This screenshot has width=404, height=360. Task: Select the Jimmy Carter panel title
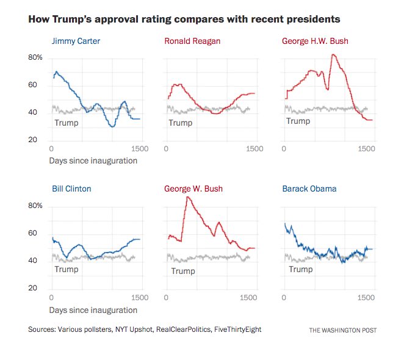[x=76, y=41]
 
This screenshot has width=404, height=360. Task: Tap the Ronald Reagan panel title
[x=192, y=41]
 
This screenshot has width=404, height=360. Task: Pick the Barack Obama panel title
[x=309, y=189]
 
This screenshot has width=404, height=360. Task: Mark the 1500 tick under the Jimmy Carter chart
[x=140, y=149]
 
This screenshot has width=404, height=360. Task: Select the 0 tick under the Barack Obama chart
[x=284, y=297]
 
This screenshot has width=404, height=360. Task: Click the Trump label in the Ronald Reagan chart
[x=180, y=123]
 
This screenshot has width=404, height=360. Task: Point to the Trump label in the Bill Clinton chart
[x=67, y=269]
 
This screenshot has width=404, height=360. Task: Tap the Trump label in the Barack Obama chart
[x=300, y=269]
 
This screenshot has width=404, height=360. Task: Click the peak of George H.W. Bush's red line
[x=333, y=54]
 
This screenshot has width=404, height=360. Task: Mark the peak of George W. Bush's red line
[x=187, y=196]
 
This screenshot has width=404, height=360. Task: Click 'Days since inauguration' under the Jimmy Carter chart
[x=93, y=161]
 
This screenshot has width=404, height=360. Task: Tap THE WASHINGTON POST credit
[x=342, y=330]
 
